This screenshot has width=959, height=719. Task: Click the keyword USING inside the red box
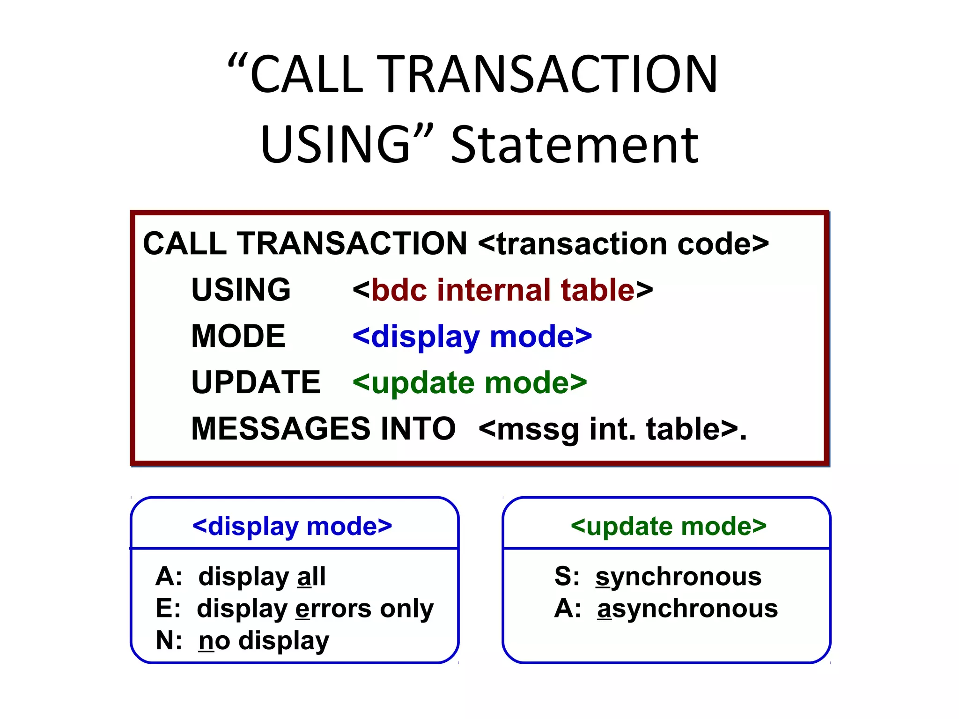tap(241, 290)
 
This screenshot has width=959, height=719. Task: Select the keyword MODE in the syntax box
tap(238, 336)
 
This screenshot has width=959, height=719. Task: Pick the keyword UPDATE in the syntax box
tap(256, 382)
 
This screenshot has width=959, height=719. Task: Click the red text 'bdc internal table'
tap(503, 290)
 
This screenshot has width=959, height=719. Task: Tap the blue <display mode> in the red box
tap(472, 336)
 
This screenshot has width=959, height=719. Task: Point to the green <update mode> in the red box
tap(470, 382)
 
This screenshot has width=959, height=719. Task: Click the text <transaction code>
tap(623, 244)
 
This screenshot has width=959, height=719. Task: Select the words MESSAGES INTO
tap(323, 429)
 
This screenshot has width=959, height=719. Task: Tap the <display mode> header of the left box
tap(292, 526)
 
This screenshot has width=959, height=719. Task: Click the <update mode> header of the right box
tap(668, 526)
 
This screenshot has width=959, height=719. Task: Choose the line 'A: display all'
tap(241, 577)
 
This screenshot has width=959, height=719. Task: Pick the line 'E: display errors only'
tap(294, 609)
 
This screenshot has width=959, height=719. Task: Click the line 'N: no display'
tap(242, 640)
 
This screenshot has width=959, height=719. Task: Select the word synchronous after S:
tap(678, 577)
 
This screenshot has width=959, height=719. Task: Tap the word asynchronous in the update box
tap(687, 609)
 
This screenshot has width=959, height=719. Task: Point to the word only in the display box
tap(406, 609)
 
